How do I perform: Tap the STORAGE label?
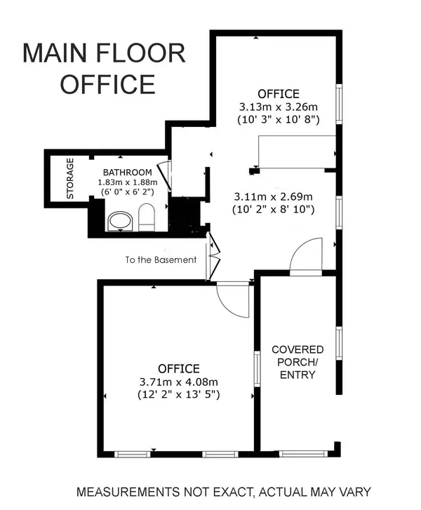coord(70,179)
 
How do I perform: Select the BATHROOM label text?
coord(127,173)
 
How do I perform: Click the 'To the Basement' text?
coord(161,260)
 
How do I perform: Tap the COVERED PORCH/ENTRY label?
coord(298,362)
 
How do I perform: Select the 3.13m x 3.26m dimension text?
coord(279,107)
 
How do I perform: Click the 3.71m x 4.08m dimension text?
coord(178,382)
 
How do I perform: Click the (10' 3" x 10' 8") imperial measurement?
coord(279,120)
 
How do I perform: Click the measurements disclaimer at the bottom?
coord(223,491)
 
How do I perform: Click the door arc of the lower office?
coord(232,300)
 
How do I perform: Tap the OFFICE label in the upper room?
coord(279,94)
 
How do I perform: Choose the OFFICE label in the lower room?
coord(178,368)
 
